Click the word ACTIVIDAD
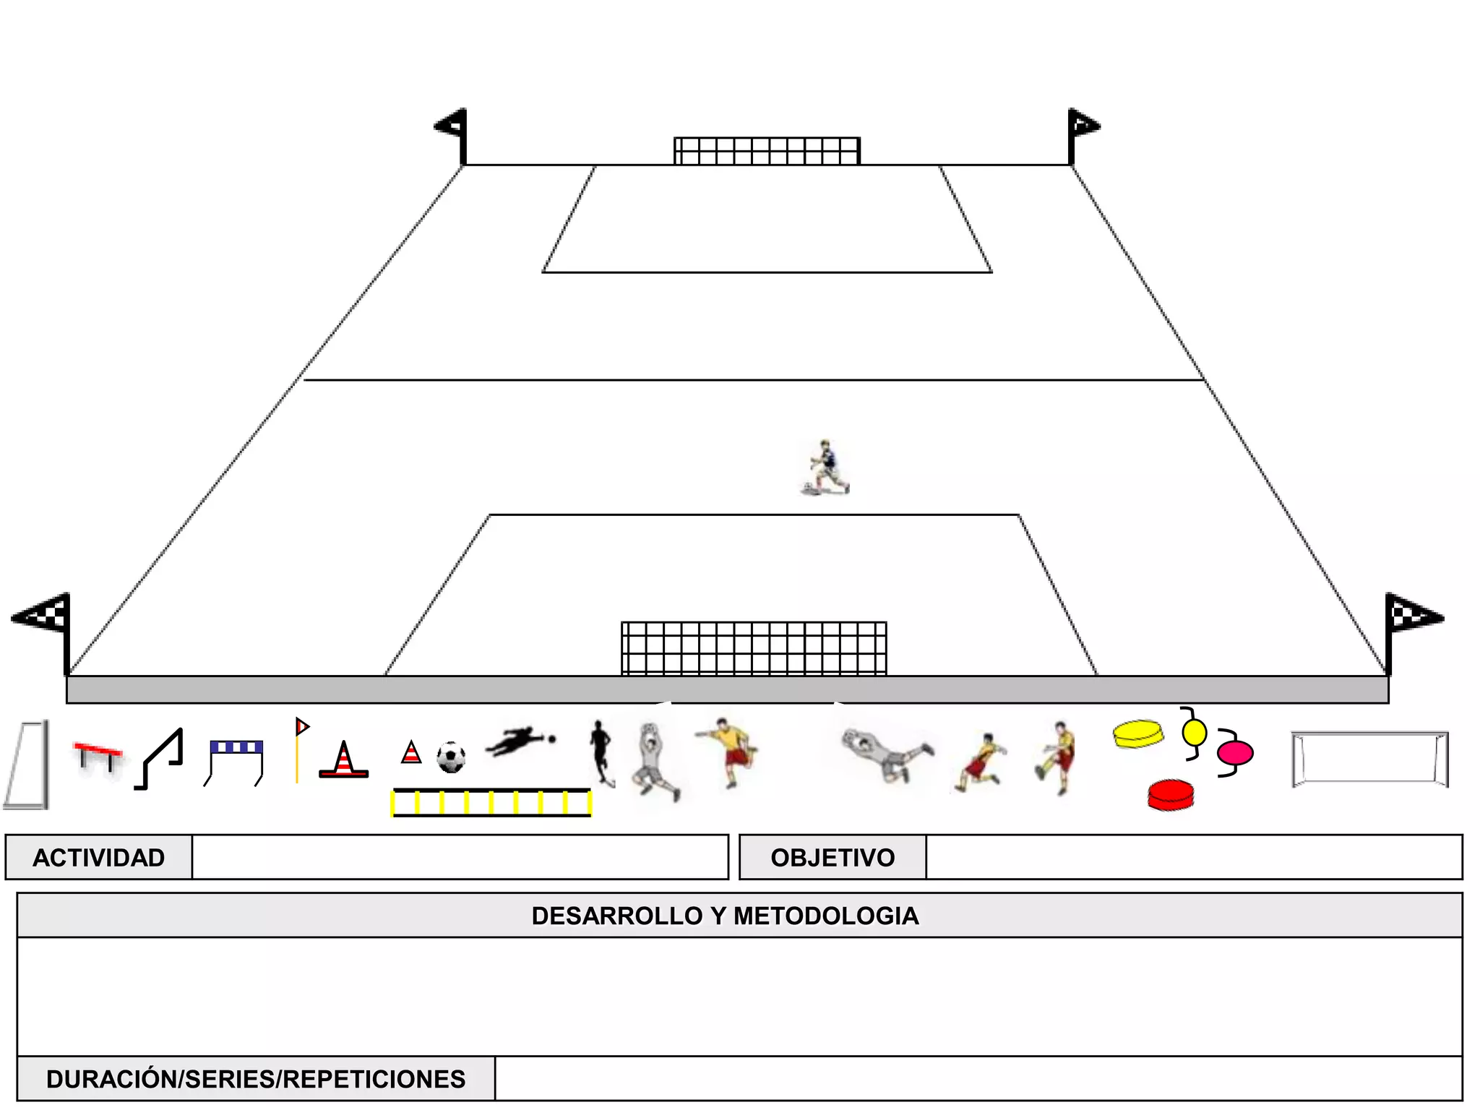point(99,858)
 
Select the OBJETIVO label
point(832,858)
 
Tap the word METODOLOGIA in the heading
point(825,916)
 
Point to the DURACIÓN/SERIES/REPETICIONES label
point(256,1079)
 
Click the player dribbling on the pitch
point(825,468)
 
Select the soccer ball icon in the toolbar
point(451,757)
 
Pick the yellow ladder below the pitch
point(491,802)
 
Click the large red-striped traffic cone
point(344,760)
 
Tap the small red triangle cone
point(411,753)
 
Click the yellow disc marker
point(1138,733)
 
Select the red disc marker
point(1171,795)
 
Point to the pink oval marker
point(1234,754)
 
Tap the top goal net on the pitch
point(767,151)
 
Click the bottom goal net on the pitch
point(754,648)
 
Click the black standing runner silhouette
point(601,752)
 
